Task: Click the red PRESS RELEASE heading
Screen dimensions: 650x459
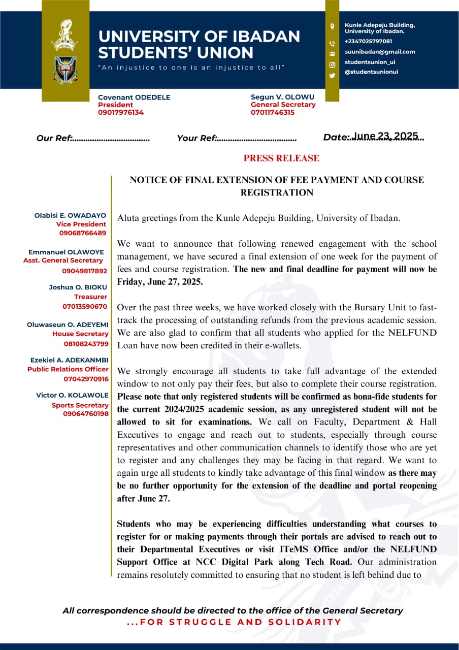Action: pyautogui.click(x=281, y=158)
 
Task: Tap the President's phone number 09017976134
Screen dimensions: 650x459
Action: pyautogui.click(x=121, y=112)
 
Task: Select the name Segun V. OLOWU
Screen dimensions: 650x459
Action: pyautogui.click(x=282, y=97)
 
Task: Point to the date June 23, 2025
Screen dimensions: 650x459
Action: pyautogui.click(x=385, y=136)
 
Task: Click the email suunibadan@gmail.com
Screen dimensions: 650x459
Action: pyautogui.click(x=380, y=51)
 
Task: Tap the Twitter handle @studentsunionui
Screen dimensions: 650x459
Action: pyautogui.click(x=371, y=72)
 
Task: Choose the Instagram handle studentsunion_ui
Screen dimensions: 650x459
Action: pyautogui.click(x=370, y=62)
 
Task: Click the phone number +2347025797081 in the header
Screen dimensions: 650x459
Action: pyautogui.click(x=368, y=41)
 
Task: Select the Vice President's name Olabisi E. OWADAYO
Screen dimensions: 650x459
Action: pyautogui.click(x=71, y=215)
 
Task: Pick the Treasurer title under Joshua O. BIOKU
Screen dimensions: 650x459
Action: pyautogui.click(x=91, y=297)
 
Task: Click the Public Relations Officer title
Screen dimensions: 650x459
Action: pyautogui.click(x=68, y=369)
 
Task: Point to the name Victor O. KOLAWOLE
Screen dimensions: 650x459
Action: pyautogui.click(x=72, y=395)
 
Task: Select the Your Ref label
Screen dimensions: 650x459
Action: pyautogui.click(x=196, y=138)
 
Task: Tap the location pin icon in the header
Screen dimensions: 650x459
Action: pyautogui.click(x=332, y=26)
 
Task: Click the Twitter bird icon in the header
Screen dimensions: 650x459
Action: pyautogui.click(x=332, y=76)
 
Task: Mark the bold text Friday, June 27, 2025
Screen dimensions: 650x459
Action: pyautogui.click(x=160, y=282)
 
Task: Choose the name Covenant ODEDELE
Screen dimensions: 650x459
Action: pyautogui.click(x=134, y=97)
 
